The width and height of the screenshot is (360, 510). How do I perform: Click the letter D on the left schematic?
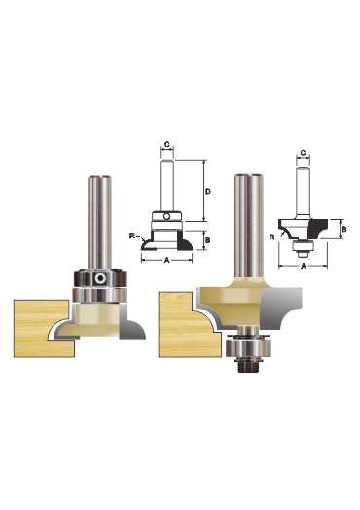tap(208, 191)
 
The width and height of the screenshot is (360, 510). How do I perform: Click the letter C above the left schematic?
tap(166, 144)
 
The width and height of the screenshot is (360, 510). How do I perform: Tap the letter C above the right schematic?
tap(303, 152)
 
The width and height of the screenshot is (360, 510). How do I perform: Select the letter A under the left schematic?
tap(166, 260)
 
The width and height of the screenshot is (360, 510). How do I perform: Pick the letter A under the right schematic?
tap(304, 266)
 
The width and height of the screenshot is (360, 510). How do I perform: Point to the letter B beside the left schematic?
tap(208, 240)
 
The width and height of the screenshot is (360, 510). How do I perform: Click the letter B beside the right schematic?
tap(344, 230)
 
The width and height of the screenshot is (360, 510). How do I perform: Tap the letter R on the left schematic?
tap(132, 236)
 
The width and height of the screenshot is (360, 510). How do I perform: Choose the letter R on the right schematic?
tap(271, 237)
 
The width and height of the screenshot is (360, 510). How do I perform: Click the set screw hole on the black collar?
tap(99, 278)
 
